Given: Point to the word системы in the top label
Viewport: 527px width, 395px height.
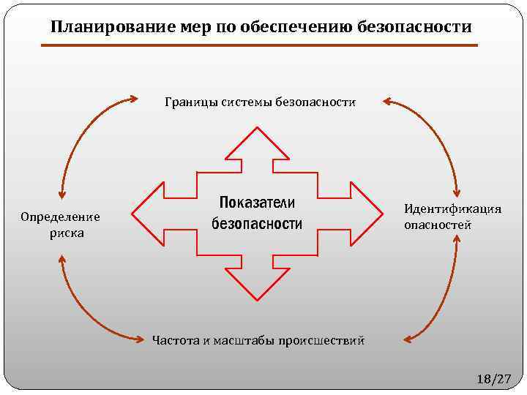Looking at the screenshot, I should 246,102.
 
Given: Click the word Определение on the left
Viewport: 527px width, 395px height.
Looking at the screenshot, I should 60,217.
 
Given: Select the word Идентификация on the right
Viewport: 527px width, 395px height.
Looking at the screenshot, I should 452,209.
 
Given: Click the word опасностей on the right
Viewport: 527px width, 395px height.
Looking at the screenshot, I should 438,225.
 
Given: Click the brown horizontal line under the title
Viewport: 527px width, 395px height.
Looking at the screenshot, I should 259,46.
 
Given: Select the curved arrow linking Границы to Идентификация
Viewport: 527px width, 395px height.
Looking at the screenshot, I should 440,132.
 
